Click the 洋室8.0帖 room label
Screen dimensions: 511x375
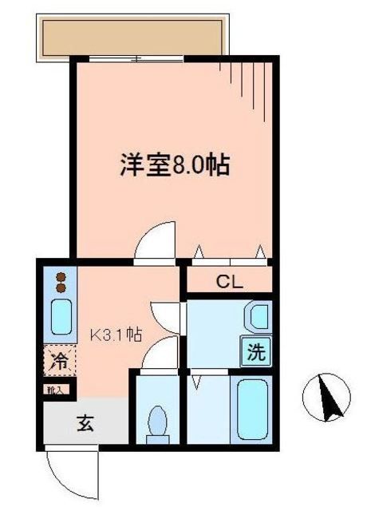coord(176,165)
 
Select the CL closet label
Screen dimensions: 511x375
coord(230,281)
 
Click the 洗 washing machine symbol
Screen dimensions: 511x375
coord(255,351)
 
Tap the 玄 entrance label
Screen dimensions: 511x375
coord(85,423)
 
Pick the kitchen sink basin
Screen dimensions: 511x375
coord(61,318)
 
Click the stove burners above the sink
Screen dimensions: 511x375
coord(61,283)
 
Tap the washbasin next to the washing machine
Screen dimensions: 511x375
coord(257,318)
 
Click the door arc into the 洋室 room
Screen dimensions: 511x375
coord(156,242)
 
